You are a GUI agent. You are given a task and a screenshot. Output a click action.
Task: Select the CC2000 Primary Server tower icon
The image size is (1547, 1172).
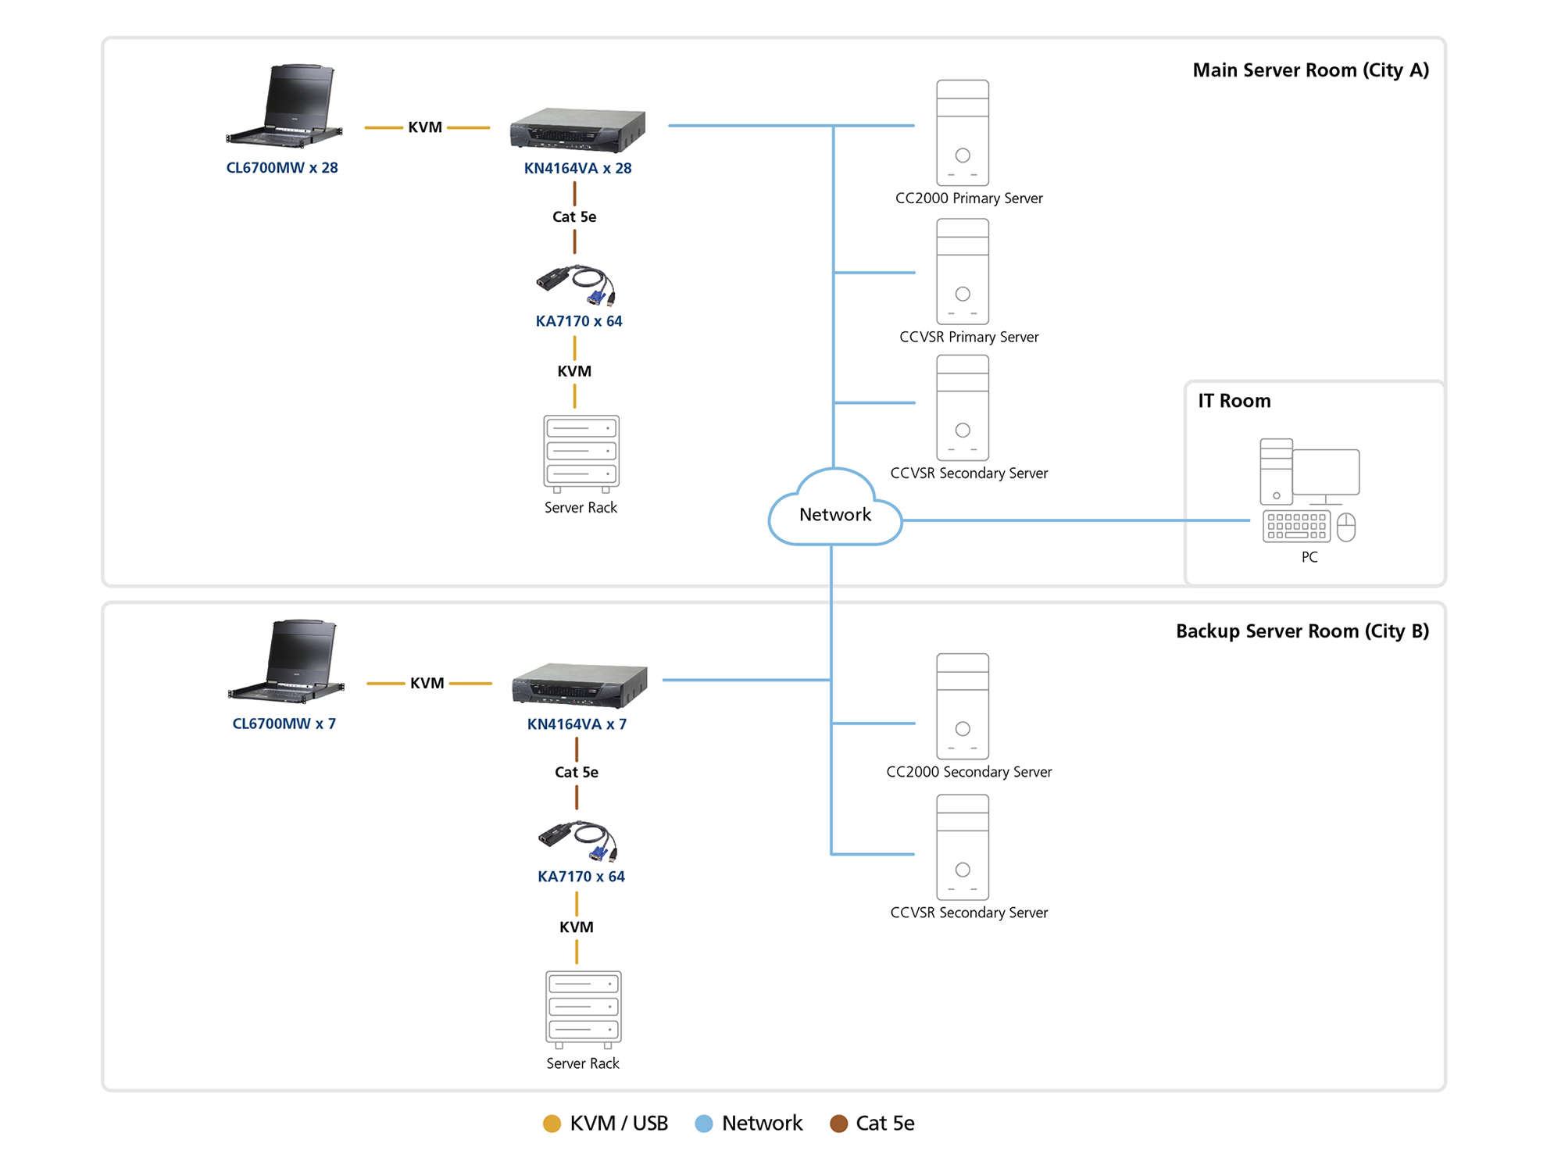(962, 133)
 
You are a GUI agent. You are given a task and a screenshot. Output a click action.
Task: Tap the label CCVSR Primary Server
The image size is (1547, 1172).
(968, 337)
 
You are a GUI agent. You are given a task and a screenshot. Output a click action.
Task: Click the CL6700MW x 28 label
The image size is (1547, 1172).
(281, 167)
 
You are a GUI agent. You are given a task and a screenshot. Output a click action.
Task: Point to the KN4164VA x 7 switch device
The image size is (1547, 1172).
(579, 684)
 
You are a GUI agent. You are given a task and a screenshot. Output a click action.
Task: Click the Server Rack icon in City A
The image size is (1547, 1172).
(581, 453)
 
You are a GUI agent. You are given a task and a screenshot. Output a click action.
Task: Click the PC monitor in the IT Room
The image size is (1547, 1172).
(1325, 473)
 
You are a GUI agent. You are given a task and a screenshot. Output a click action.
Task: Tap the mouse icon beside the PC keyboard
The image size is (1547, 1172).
(1345, 527)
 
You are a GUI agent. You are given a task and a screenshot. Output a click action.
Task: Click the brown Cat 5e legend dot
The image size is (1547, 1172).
(838, 1124)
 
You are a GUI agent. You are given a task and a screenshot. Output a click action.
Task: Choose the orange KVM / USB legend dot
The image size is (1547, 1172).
(552, 1124)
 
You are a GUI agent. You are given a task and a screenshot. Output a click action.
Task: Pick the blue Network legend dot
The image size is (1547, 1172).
(703, 1124)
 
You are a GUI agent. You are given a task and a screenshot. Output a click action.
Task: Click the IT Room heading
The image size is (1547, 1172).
(1234, 401)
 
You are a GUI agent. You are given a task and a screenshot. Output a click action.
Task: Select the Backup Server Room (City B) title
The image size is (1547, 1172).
(1302, 631)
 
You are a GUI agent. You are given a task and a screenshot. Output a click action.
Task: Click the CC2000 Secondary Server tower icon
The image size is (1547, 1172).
(962, 706)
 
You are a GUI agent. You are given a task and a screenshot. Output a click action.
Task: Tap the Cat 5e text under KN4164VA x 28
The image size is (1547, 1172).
(574, 216)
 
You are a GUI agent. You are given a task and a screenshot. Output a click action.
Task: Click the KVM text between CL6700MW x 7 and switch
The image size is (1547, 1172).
(427, 683)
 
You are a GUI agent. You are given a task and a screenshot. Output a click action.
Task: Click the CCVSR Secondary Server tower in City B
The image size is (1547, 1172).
(962, 847)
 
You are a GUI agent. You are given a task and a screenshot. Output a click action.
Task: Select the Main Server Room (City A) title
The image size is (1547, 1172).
(1310, 70)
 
